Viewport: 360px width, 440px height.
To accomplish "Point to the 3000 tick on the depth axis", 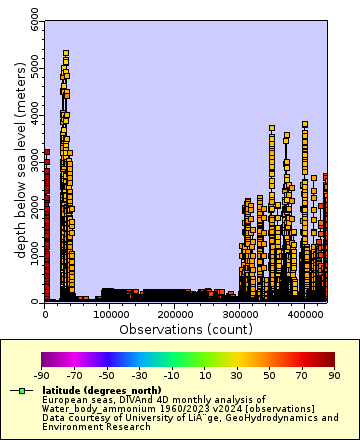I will click(36, 161).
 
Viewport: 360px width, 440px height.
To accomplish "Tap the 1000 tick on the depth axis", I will click(36, 254).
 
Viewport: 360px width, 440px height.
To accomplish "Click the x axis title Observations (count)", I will click(186, 329).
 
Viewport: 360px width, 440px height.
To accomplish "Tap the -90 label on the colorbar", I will click(42, 375).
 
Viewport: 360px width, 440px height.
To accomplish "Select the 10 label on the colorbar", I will click(205, 375).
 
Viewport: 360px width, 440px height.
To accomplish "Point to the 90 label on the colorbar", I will click(335, 375).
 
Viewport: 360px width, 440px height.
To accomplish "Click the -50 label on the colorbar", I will click(107, 375).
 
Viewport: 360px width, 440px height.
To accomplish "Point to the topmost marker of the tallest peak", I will click(66, 53).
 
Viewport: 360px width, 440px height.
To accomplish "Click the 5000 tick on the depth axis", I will click(36, 68).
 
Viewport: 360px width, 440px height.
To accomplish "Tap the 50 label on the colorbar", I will click(270, 375).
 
